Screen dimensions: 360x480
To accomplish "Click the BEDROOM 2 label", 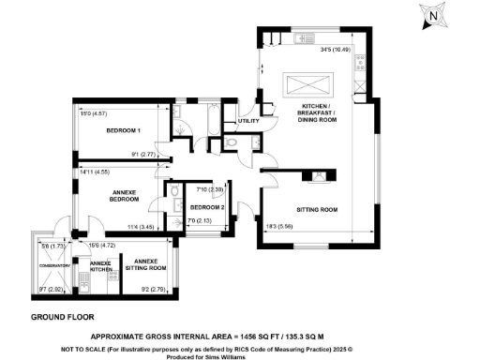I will pos(206,207).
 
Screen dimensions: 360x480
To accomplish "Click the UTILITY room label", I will pos(248,121).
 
